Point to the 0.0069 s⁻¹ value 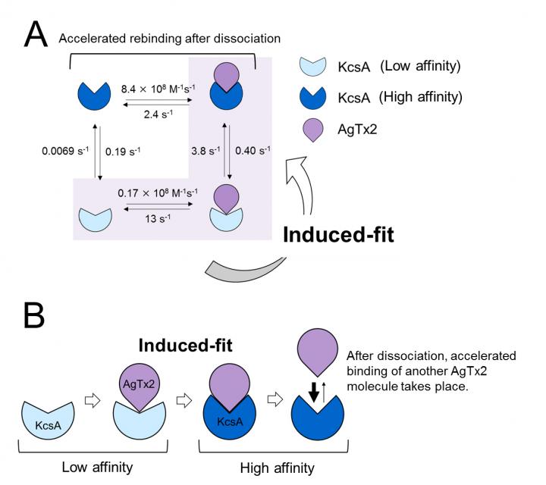(61, 151)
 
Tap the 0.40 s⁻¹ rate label (251, 151)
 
